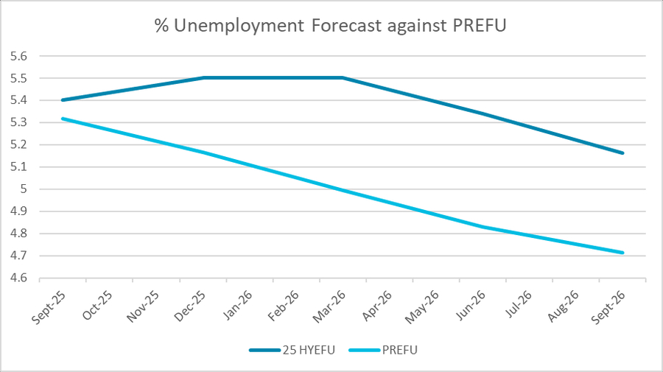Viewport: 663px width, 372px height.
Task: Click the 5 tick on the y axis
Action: pos(24,189)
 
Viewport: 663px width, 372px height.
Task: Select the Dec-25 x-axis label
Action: pos(191,304)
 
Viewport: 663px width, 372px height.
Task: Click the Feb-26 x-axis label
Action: pos(284,304)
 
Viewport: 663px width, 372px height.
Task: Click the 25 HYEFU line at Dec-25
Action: pos(203,77)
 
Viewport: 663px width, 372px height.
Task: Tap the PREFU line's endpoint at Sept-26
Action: pos(623,253)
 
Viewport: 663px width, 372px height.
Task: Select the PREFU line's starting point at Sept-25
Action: pos(63,118)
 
